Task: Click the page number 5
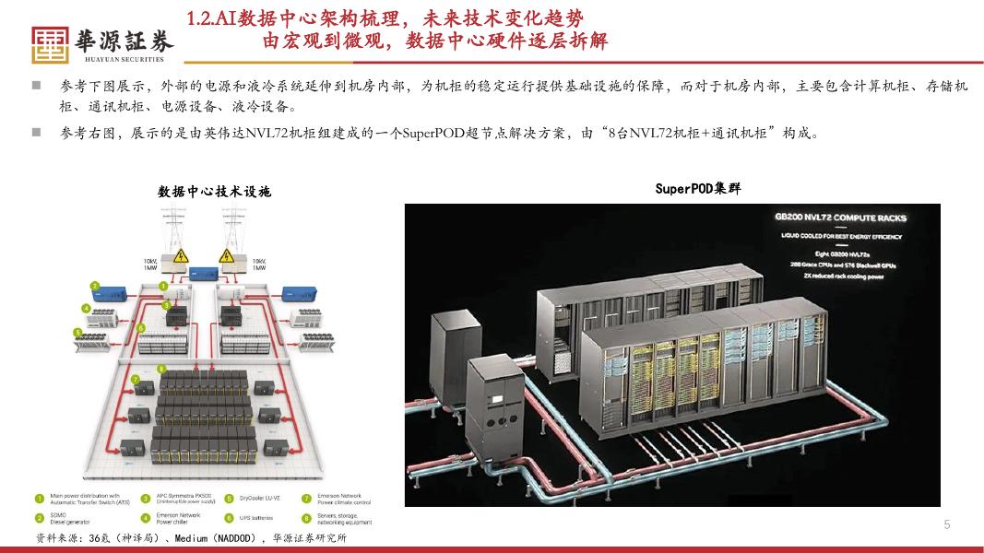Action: pyautogui.click(x=946, y=524)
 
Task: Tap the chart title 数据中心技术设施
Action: pyautogui.click(x=214, y=192)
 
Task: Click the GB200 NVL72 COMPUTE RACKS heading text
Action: pyautogui.click(x=840, y=218)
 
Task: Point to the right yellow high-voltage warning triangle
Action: pyautogui.click(x=225, y=254)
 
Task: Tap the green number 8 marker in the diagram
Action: pyautogui.click(x=162, y=370)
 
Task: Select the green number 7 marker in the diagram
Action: pyautogui.click(x=134, y=379)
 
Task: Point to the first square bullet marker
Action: pyautogui.click(x=36, y=86)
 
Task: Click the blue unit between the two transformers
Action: pyautogui.click(x=199, y=273)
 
